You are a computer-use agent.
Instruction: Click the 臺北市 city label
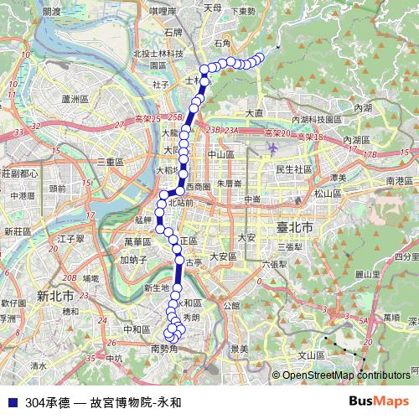[x=294, y=228]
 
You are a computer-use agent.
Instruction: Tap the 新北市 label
[x=55, y=295]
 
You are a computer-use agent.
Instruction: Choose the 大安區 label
[x=224, y=256]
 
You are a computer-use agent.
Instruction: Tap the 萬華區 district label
[x=137, y=241]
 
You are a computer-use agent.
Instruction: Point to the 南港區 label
[x=399, y=181]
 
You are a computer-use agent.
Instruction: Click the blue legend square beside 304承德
[x=11, y=401]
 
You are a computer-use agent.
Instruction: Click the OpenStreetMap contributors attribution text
[x=345, y=375]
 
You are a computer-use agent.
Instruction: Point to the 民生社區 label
[x=294, y=168]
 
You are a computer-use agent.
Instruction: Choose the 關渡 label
[x=51, y=12]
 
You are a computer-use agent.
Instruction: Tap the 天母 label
[x=212, y=7]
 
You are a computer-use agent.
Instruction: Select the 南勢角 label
[x=165, y=348]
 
